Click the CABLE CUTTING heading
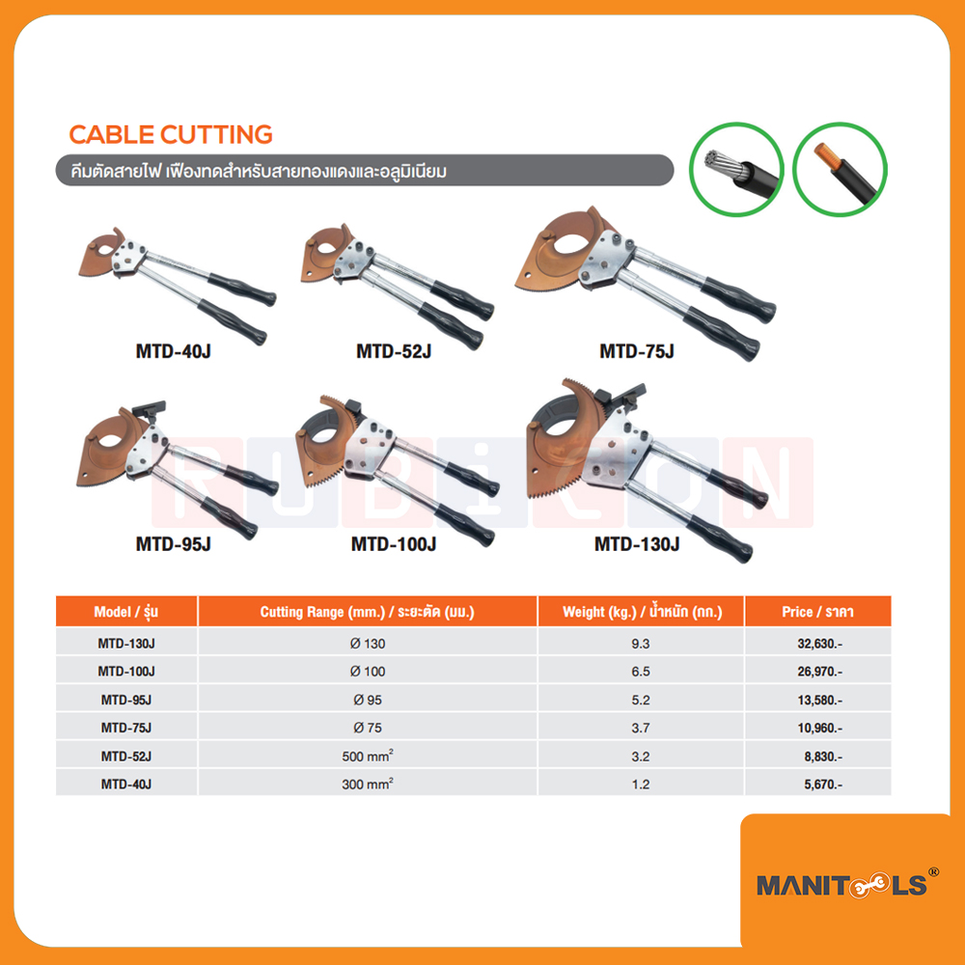pos(171,135)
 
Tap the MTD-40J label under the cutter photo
pos(173,352)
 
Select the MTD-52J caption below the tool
pos(393,352)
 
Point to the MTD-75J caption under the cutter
pos(636,352)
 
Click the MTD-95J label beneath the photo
pos(173,544)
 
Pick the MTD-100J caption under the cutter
pos(394,544)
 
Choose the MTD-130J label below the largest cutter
pos(637,544)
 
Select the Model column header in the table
pos(125,612)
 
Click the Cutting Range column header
pos(368,612)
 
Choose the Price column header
pos(818,612)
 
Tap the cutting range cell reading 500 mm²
pos(368,757)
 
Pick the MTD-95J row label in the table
pos(125,699)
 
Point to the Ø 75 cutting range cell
pos(368,728)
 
